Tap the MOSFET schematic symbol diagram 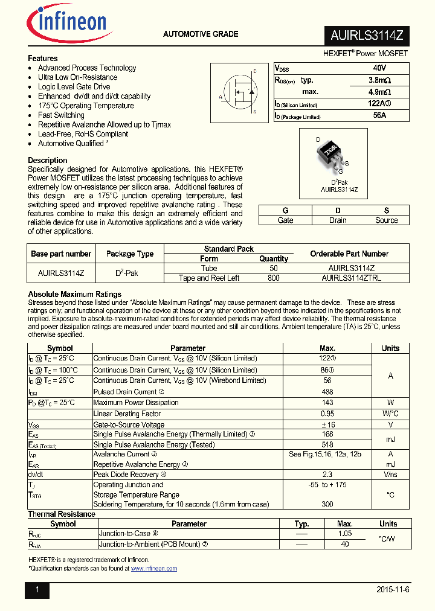tap(237, 92)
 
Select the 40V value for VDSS tap(379, 69)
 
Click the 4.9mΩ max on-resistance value tap(379, 92)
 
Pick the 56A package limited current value tap(379, 115)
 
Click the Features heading tap(43, 59)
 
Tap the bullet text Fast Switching tap(61, 115)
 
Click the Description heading tap(48, 160)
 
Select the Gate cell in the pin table tap(285, 220)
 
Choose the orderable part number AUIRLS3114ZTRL tap(351, 278)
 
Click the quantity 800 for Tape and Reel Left tap(273, 278)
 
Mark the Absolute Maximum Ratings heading tap(74, 295)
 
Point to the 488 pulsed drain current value tap(327, 392)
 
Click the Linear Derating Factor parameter tap(127, 414)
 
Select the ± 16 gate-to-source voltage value tap(327, 424)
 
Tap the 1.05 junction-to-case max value tap(344, 534)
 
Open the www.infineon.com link tap(154, 569)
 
